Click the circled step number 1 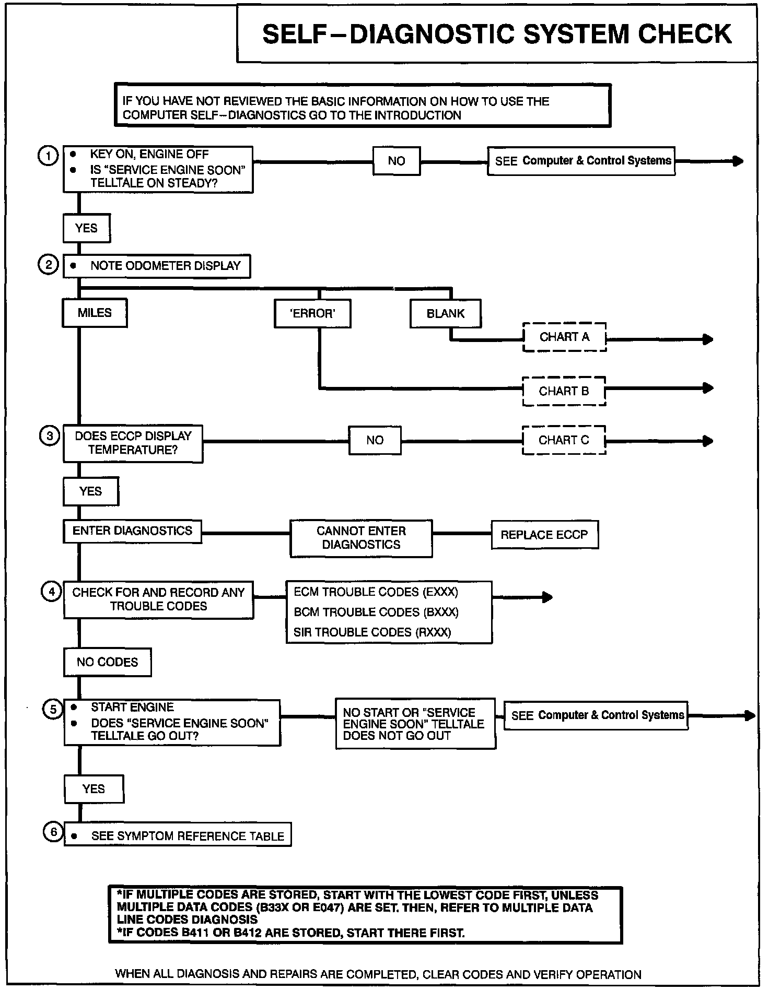pos(48,156)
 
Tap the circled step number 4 pos(51,592)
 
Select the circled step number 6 pos(53,832)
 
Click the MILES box pos(95,313)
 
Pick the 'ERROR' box pos(312,313)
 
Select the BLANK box pos(445,313)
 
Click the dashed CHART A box pos(564,337)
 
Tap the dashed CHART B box pos(564,391)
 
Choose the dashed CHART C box pos(564,440)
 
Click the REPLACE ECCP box pos(544,535)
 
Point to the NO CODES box pos(107,662)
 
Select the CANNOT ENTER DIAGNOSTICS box pos(361,538)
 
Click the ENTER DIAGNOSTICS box pos(132,531)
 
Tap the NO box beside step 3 pos(375,440)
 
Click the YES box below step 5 pos(94,789)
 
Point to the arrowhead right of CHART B pos(708,388)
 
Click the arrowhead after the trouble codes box pos(547,597)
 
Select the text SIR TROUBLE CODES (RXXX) pos(372,632)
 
